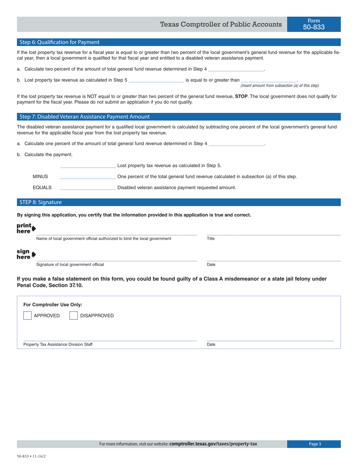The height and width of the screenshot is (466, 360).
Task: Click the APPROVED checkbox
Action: [x=27, y=316]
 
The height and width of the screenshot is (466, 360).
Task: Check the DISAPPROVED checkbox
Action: [x=74, y=316]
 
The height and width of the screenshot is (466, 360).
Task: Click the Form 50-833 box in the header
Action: [x=314, y=24]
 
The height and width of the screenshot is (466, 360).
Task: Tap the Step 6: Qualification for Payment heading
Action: [x=59, y=42]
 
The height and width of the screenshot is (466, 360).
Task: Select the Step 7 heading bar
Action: [x=85, y=117]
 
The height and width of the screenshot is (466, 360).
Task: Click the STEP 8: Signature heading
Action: [x=41, y=202]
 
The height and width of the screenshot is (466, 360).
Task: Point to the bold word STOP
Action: [x=241, y=97]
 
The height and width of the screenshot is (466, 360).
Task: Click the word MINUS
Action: [x=40, y=177]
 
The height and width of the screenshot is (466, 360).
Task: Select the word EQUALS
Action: [x=42, y=188]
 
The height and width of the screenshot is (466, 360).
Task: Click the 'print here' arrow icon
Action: [x=34, y=229]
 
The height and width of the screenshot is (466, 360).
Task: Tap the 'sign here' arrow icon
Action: [x=34, y=254]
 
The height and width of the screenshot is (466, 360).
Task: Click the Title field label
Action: [x=211, y=239]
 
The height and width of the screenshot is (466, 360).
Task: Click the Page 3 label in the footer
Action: [x=315, y=444]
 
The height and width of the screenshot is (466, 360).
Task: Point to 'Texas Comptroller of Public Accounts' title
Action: [x=221, y=25]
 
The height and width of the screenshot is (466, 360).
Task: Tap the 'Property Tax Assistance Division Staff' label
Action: [x=58, y=344]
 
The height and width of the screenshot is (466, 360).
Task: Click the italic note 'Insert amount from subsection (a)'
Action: [x=280, y=86]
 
